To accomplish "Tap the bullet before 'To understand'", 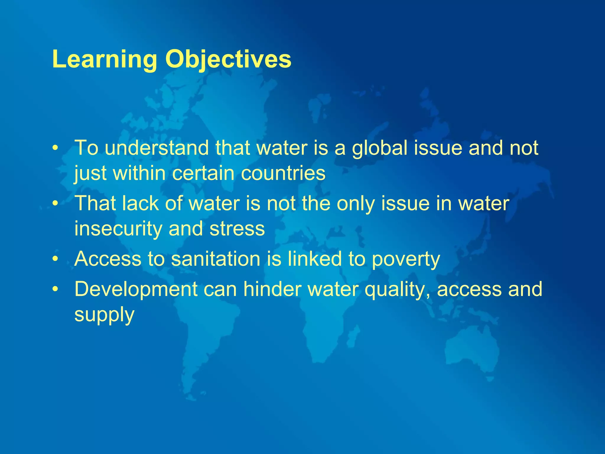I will [54, 148].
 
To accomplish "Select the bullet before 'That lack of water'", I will [54, 203].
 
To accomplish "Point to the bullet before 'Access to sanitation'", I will [54, 259].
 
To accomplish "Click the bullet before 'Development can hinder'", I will [54, 289].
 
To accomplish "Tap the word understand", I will [157, 148].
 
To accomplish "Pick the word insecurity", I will [118, 229].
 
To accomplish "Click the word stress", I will [237, 229].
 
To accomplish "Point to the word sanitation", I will [215, 259].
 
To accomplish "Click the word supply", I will [104, 315].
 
